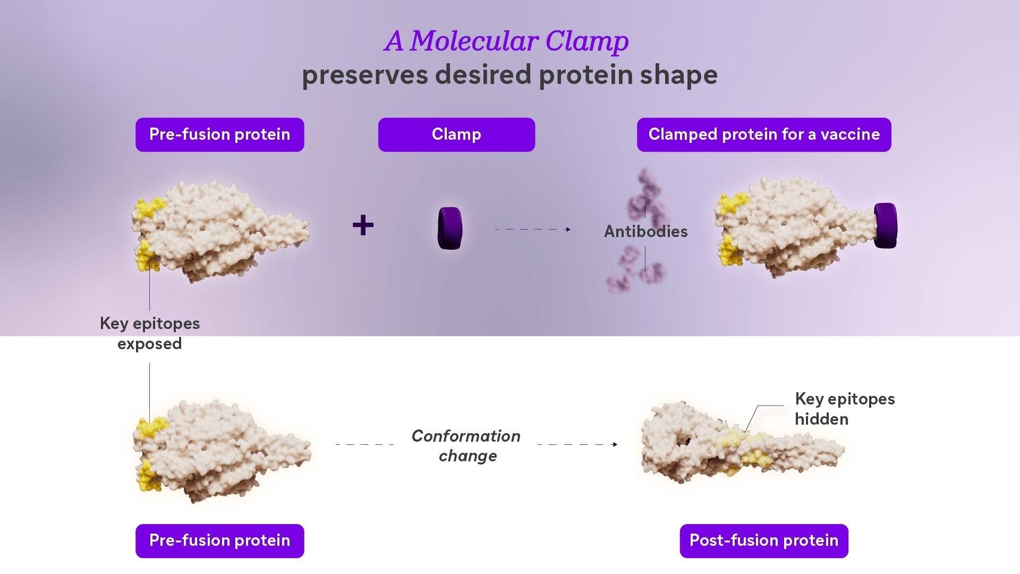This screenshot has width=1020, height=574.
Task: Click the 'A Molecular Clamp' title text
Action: click(507, 41)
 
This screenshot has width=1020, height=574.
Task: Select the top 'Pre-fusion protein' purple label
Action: click(219, 134)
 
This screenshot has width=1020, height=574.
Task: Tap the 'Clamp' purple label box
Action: click(456, 134)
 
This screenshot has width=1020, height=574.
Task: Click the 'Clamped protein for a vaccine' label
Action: click(763, 134)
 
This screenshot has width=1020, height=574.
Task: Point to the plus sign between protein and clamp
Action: click(363, 225)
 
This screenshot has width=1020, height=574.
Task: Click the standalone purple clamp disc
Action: click(449, 229)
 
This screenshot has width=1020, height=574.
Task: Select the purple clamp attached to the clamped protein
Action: click(885, 225)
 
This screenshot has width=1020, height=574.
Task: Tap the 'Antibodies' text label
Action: click(645, 232)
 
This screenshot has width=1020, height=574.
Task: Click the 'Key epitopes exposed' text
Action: click(150, 333)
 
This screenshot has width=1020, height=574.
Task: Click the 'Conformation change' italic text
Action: click(466, 445)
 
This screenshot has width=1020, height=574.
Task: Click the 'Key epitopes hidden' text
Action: click(844, 409)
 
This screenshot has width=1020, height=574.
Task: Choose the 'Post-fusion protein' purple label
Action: click(763, 541)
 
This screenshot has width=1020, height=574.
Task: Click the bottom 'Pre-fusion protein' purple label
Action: click(219, 541)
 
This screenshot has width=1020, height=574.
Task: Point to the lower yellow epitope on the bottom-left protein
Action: click(149, 476)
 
